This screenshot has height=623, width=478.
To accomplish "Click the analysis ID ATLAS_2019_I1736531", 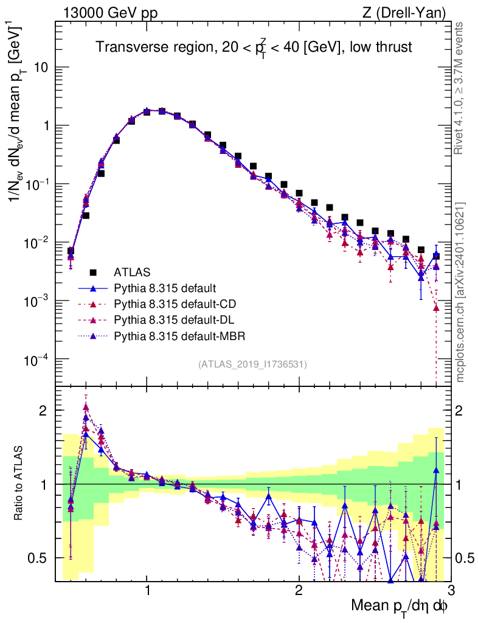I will [252, 364].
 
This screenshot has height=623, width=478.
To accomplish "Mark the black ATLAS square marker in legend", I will [94, 272].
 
